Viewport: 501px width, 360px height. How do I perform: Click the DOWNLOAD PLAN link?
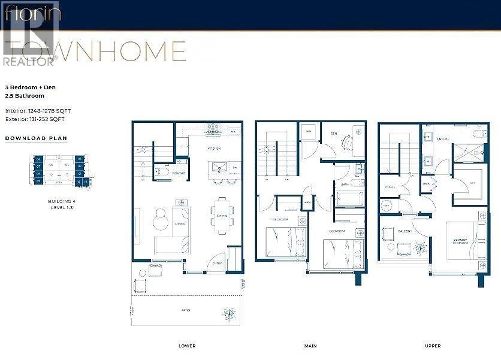(x=36, y=138)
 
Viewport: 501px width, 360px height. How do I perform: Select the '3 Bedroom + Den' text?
(x=28, y=87)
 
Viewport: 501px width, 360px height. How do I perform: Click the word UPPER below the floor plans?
(x=432, y=346)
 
